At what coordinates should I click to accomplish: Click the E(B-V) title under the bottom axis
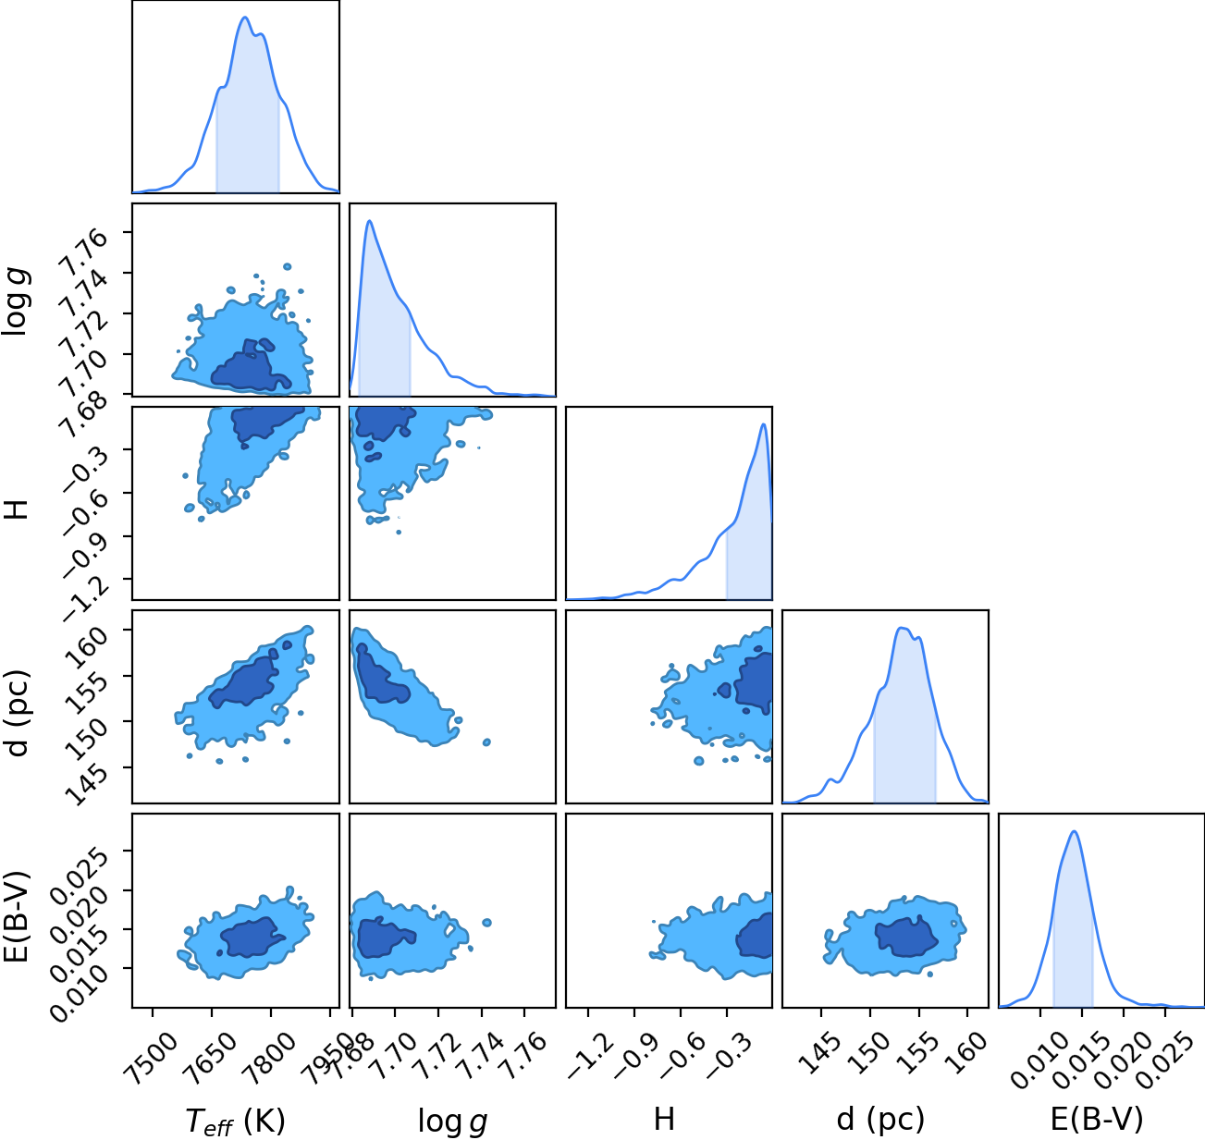tap(1097, 1119)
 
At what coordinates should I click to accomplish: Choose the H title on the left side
tap(17, 509)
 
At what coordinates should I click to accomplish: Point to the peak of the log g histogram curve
tap(370, 221)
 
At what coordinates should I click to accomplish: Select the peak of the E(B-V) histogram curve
tap(1074, 831)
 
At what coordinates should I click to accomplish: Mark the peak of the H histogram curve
tap(763, 424)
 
